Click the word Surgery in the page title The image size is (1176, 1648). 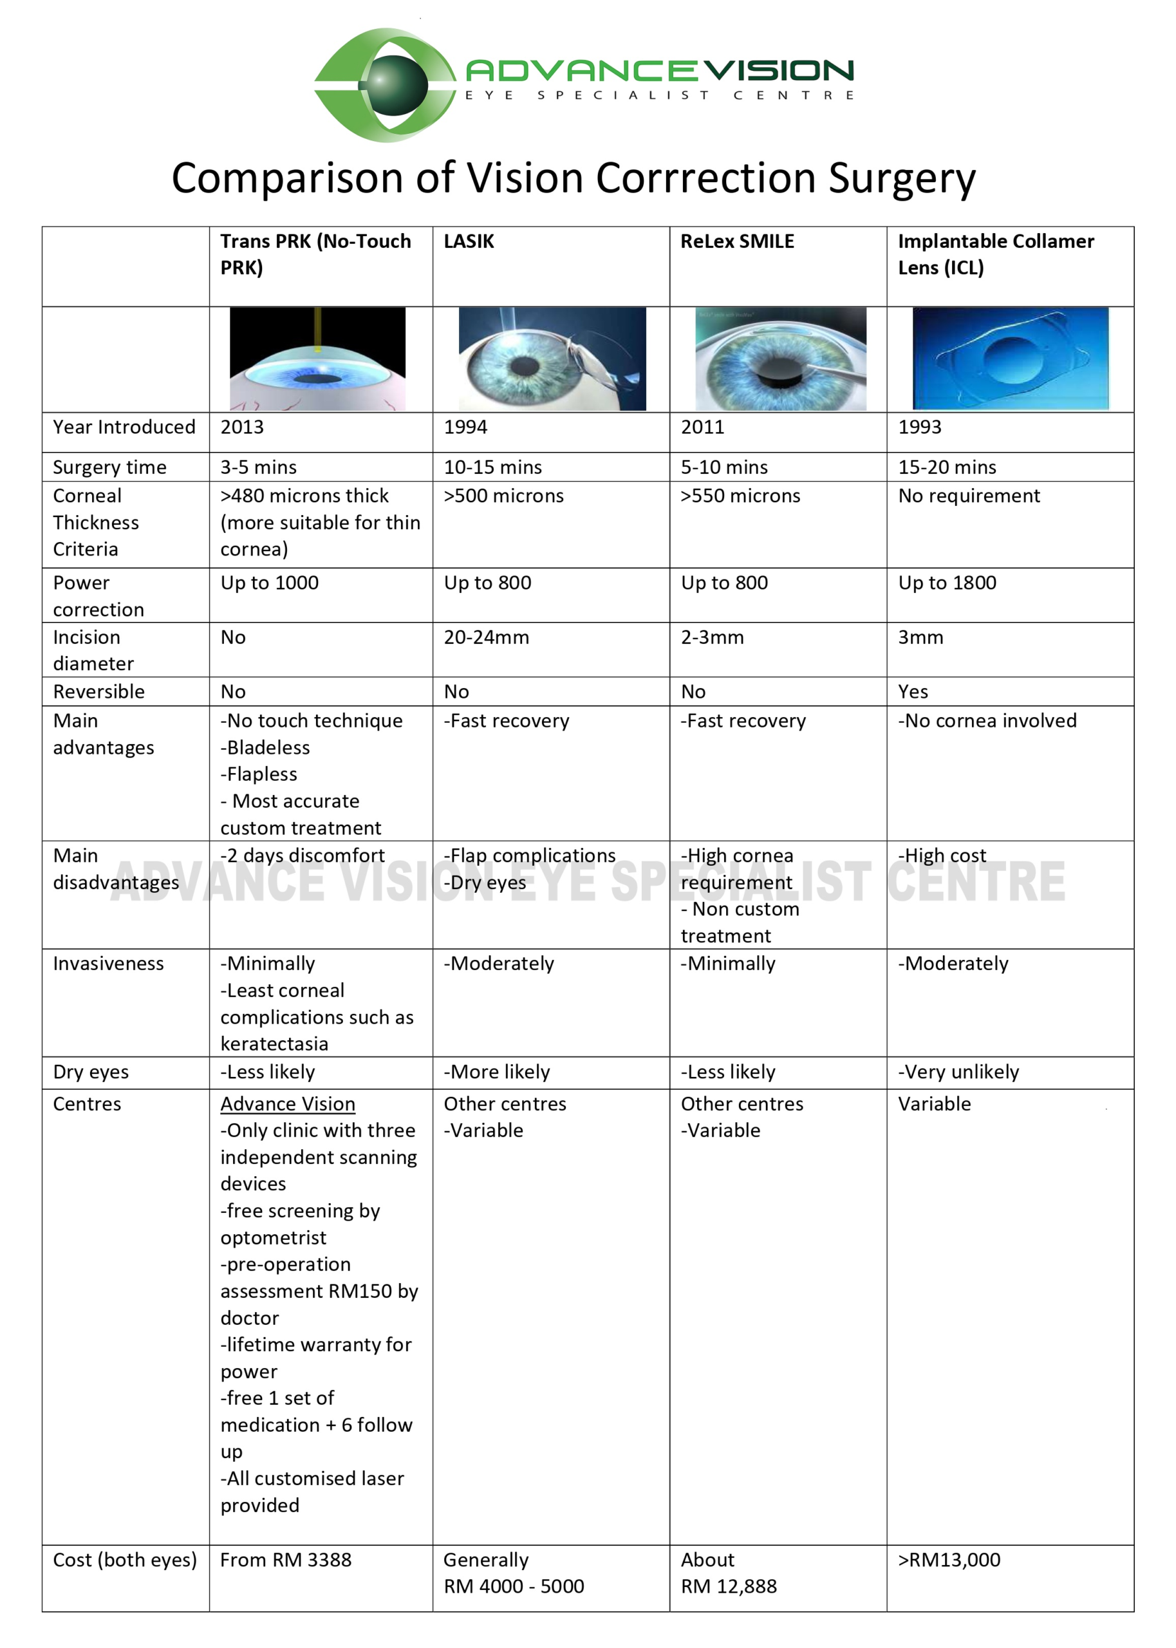tap(902, 178)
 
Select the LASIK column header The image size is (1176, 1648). tap(469, 242)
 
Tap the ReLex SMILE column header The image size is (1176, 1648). tap(736, 242)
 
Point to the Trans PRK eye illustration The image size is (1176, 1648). tap(317, 359)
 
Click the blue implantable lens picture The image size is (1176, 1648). tap(1010, 359)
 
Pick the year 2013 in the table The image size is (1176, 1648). tap(242, 427)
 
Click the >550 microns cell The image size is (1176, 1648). tap(740, 496)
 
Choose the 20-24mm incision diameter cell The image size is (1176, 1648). tap(486, 637)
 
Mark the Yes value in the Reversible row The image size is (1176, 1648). tap(913, 692)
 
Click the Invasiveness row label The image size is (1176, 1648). tap(108, 964)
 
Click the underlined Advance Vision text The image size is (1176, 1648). tap(288, 1104)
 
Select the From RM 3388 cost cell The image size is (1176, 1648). tap(285, 1560)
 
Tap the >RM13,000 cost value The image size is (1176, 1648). tap(949, 1560)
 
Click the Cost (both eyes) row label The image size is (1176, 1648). tap(125, 1560)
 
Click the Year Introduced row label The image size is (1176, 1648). tap(124, 427)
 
